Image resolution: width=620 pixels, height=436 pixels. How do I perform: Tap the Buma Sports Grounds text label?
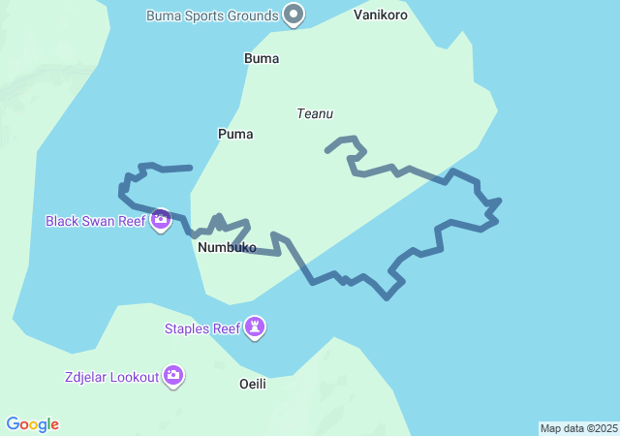pyautogui.click(x=213, y=16)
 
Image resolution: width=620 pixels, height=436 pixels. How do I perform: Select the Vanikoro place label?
pyautogui.click(x=381, y=16)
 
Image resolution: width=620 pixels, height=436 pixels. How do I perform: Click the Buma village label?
pyautogui.click(x=262, y=58)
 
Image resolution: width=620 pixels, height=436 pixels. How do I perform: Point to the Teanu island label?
pyautogui.click(x=315, y=114)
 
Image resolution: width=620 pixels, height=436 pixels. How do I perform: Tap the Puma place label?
pyautogui.click(x=235, y=134)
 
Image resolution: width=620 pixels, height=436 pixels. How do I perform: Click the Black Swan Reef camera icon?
pyautogui.click(x=161, y=220)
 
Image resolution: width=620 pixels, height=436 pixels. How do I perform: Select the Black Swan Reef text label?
pyautogui.click(x=95, y=221)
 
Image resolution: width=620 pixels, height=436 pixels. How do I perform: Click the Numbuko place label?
pyautogui.click(x=227, y=248)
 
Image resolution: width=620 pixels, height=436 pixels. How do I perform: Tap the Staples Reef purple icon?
pyautogui.click(x=254, y=327)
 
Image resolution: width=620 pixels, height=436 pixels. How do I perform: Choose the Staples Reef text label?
pyautogui.click(x=201, y=328)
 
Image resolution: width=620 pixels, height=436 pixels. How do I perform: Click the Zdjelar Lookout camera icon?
pyautogui.click(x=173, y=375)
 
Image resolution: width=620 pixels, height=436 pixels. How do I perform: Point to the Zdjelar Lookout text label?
pyautogui.click(x=111, y=377)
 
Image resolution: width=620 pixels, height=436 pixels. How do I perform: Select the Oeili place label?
pyautogui.click(x=252, y=384)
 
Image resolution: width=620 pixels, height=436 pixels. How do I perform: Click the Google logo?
pyautogui.click(x=33, y=424)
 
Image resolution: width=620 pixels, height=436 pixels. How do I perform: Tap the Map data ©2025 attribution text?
pyautogui.click(x=578, y=428)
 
